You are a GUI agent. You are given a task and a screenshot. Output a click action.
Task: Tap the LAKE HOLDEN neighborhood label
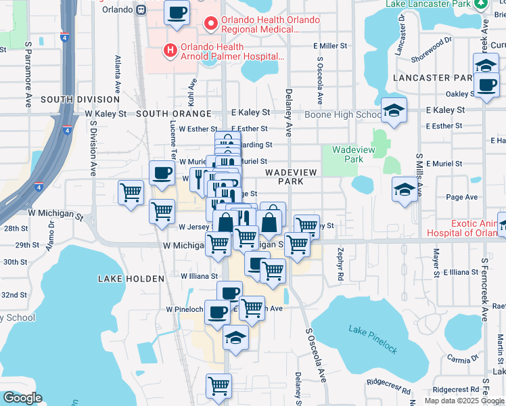tap(131, 279)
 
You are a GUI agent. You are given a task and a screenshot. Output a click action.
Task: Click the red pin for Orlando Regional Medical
tap(210, 24)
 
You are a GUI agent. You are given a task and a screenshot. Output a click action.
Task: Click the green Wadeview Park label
tap(348, 155)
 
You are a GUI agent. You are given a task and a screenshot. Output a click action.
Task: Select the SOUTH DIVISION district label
tap(80, 99)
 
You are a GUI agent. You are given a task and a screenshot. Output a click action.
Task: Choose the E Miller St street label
tap(329, 46)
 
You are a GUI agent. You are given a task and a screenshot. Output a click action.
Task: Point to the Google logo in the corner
tap(22, 398)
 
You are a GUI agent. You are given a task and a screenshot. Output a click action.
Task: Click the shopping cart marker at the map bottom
tap(218, 386)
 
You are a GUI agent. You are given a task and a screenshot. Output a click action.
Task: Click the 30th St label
tap(15, 262)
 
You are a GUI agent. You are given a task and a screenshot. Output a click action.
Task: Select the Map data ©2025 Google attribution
tap(464, 400)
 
